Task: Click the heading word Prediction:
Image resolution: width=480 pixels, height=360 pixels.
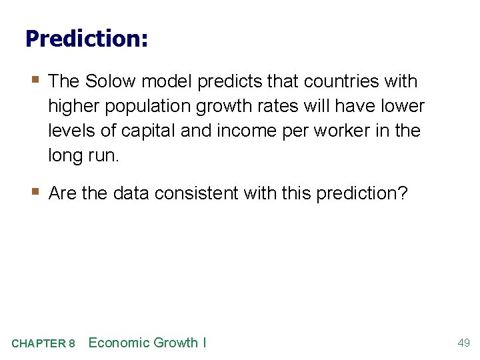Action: coord(86,38)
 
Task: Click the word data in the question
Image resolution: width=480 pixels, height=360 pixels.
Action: coord(129,193)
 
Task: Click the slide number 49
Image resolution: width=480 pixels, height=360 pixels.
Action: coord(463,343)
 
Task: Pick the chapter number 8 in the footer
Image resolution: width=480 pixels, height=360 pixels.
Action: coord(71,343)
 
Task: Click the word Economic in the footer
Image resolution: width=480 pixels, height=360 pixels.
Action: coord(118,343)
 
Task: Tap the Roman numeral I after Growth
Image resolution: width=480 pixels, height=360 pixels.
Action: coord(204,343)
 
